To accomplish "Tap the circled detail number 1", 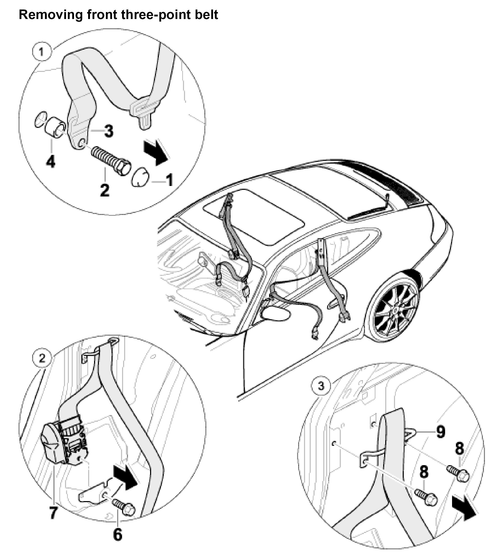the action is [x=42, y=51].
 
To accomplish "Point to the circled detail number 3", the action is [x=321, y=386].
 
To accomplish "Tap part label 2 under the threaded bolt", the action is [x=105, y=190].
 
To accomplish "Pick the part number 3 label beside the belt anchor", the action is [x=108, y=131].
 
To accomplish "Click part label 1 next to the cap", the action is [x=170, y=180].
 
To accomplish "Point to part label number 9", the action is [x=440, y=431].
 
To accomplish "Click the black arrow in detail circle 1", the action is [x=156, y=153].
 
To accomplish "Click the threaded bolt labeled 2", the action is [x=111, y=160].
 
